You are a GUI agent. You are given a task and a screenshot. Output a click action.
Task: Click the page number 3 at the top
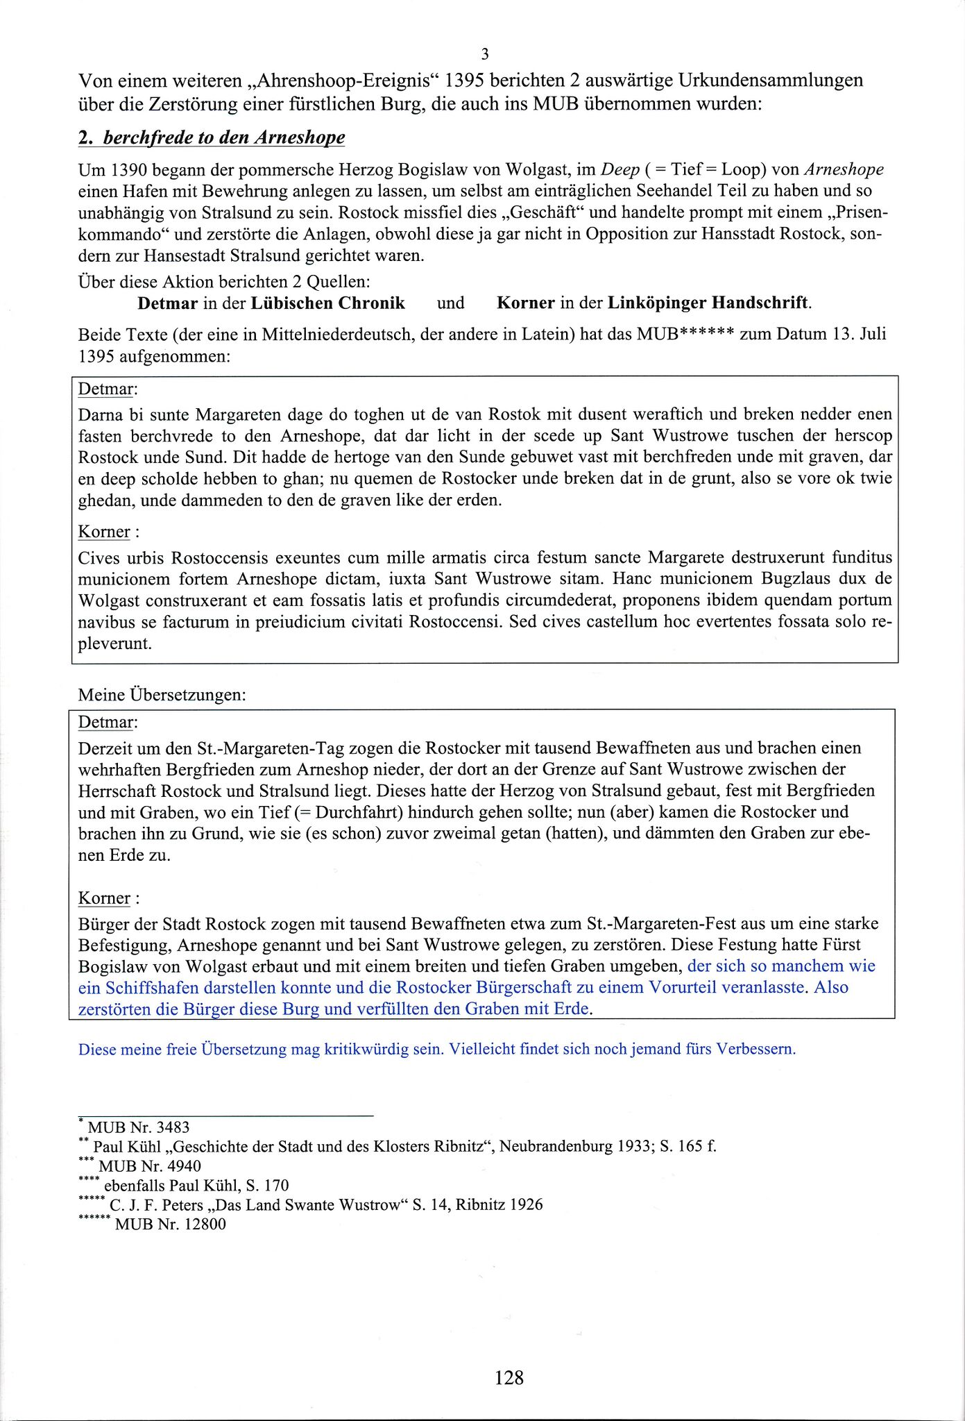(x=485, y=53)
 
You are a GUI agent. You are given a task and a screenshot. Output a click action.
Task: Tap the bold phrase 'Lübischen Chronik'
(x=327, y=303)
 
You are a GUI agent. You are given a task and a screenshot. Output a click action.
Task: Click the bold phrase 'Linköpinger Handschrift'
(x=708, y=303)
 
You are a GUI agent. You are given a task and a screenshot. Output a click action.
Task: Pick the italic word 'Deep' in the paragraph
(x=620, y=169)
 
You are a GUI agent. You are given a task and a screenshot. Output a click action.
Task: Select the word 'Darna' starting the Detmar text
(x=101, y=414)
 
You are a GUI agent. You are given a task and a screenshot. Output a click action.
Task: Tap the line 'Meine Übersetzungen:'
(x=162, y=694)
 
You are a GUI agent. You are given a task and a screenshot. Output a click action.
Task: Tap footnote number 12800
(x=205, y=1224)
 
